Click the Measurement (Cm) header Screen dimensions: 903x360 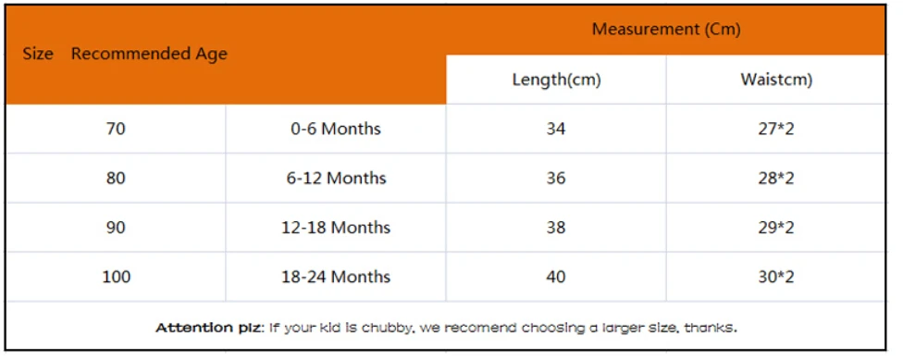click(666, 30)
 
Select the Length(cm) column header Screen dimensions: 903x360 click(556, 81)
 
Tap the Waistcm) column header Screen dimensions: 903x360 click(776, 81)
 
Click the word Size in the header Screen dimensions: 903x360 click(38, 55)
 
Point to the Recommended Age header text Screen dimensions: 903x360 click(149, 55)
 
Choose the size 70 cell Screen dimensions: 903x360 click(116, 129)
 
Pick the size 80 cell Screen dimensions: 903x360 click(116, 179)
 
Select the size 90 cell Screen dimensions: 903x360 click(116, 228)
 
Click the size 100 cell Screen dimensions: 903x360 click(117, 277)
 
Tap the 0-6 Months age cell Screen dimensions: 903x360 click(336, 129)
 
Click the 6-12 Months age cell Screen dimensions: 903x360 click(336, 179)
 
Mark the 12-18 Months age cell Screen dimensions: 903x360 click(336, 228)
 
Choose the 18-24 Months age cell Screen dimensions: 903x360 click(336, 277)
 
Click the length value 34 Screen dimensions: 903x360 click(556, 129)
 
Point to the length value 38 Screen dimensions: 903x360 click(556, 228)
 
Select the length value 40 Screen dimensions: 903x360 click(556, 277)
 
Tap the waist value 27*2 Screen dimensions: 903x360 click(776, 129)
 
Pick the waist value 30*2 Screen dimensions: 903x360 click(776, 277)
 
